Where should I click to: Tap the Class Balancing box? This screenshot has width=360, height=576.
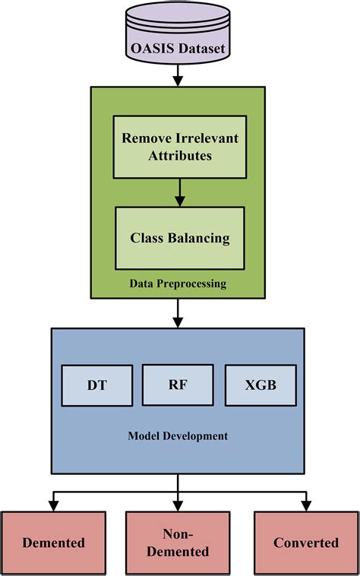(x=180, y=238)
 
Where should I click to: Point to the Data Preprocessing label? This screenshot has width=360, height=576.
(x=178, y=283)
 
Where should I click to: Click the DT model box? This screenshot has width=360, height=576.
(x=96, y=385)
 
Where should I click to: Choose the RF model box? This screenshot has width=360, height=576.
(x=178, y=384)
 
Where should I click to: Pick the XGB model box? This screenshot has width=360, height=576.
(x=261, y=385)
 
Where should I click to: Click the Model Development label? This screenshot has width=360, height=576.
(x=178, y=436)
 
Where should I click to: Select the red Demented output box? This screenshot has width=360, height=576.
(x=53, y=543)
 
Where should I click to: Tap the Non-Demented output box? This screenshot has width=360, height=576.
(x=178, y=543)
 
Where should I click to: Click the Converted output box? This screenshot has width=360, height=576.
(x=306, y=543)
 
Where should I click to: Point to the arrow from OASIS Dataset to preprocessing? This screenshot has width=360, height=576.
(x=178, y=74)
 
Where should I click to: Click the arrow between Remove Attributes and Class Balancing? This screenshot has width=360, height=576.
(x=180, y=193)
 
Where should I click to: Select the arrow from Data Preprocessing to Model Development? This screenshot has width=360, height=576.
(x=178, y=312)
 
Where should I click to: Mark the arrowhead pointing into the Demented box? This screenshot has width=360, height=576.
(x=52, y=505)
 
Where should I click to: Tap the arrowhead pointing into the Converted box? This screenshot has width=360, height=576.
(x=306, y=505)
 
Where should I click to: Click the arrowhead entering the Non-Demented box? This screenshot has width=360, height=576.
(x=178, y=505)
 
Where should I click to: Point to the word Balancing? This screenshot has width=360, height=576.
(x=200, y=238)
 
